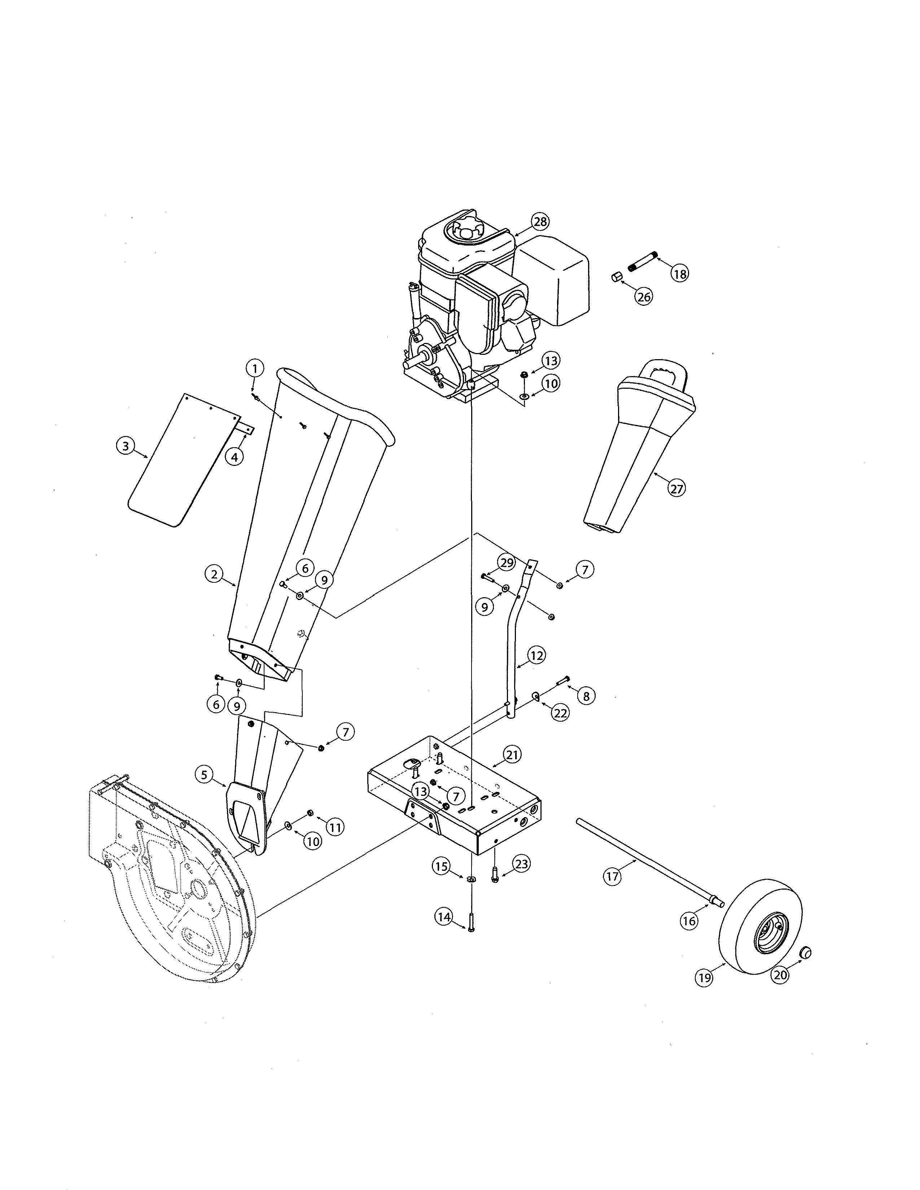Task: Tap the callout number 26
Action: click(x=644, y=297)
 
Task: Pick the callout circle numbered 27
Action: click(x=676, y=489)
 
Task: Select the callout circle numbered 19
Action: click(x=705, y=978)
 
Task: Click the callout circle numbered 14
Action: click(x=444, y=917)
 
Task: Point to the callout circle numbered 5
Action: click(x=204, y=775)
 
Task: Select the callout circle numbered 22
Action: click(x=560, y=713)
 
